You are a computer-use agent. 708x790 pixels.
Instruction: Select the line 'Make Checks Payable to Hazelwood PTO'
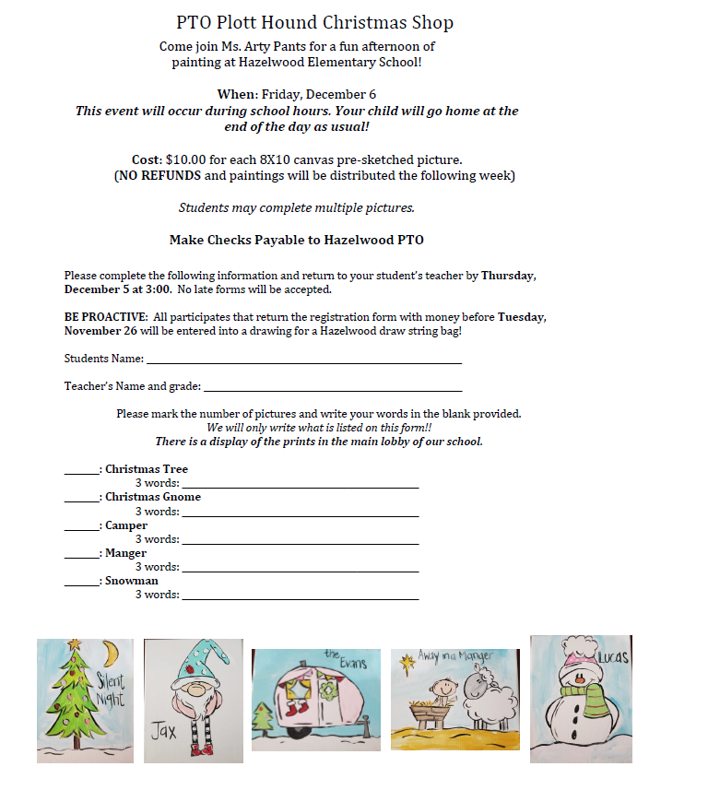[296, 240]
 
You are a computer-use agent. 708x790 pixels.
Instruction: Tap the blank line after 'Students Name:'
[303, 360]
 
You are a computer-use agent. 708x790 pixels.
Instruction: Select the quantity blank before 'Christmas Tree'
[81, 470]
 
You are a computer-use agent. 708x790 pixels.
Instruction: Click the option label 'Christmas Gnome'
[152, 497]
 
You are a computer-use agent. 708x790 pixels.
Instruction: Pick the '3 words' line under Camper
[300, 540]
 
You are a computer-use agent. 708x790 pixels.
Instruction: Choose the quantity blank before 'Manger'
[81, 554]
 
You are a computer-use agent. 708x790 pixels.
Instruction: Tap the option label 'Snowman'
[131, 581]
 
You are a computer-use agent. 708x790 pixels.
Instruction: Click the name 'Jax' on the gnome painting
[165, 733]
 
